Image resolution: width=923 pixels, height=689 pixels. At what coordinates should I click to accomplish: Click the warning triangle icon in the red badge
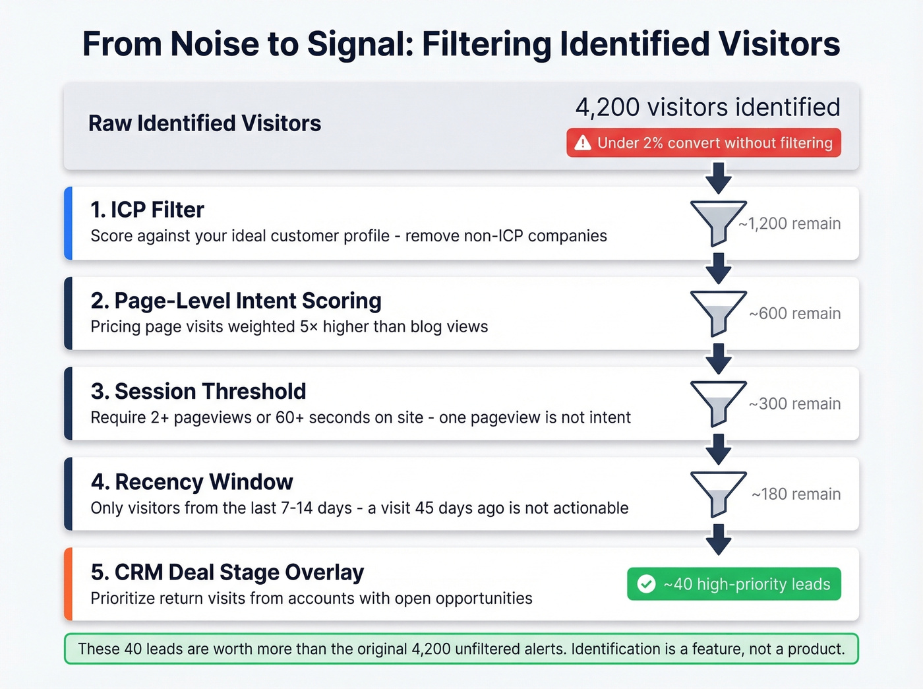(x=583, y=142)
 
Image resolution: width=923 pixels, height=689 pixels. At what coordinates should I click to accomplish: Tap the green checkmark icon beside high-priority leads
(x=646, y=584)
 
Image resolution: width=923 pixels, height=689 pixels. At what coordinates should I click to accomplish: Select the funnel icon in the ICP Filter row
(x=717, y=222)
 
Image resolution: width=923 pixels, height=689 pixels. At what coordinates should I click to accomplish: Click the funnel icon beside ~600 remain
(x=717, y=313)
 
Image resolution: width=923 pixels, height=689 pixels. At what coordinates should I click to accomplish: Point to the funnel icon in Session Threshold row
(x=717, y=403)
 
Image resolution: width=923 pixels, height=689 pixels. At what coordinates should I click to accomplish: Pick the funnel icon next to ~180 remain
(x=717, y=493)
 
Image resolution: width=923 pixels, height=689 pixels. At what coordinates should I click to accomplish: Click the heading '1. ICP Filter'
(x=148, y=210)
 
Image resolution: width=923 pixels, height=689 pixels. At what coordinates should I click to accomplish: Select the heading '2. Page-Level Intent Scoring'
(x=236, y=301)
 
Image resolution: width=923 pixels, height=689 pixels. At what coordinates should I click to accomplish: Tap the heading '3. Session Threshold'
(x=198, y=391)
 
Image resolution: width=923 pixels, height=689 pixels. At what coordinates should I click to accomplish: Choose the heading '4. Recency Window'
(x=192, y=482)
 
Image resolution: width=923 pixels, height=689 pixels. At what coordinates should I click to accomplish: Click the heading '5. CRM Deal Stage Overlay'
(x=227, y=572)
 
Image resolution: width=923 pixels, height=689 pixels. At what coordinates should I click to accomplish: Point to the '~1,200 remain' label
(x=789, y=224)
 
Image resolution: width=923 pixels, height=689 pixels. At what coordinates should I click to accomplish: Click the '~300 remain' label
(x=794, y=404)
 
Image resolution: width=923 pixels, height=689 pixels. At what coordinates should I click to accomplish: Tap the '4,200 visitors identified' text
(x=707, y=107)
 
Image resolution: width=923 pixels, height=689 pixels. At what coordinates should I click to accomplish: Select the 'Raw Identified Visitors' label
(x=204, y=123)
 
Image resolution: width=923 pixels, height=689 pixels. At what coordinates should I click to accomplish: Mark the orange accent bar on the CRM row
(x=68, y=584)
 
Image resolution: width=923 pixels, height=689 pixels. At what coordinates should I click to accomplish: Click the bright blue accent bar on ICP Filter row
(x=68, y=223)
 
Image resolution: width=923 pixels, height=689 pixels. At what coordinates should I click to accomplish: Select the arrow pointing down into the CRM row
(x=718, y=539)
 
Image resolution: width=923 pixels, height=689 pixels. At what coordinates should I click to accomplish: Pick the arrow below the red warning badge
(x=718, y=177)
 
